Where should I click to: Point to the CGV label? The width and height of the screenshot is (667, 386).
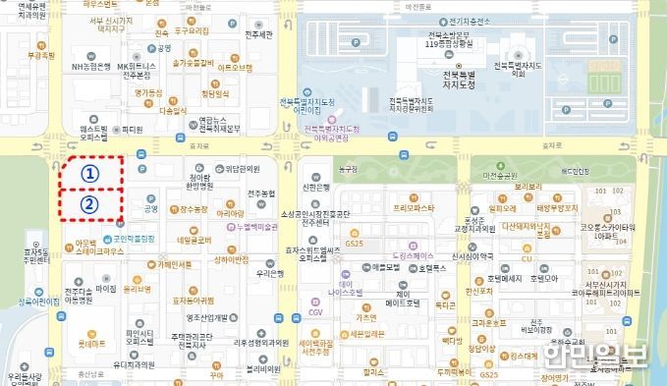coord(314,311)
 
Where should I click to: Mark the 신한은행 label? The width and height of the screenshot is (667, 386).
coord(315,188)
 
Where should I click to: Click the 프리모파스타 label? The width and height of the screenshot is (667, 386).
coord(414,208)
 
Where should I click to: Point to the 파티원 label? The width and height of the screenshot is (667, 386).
coord(131,129)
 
